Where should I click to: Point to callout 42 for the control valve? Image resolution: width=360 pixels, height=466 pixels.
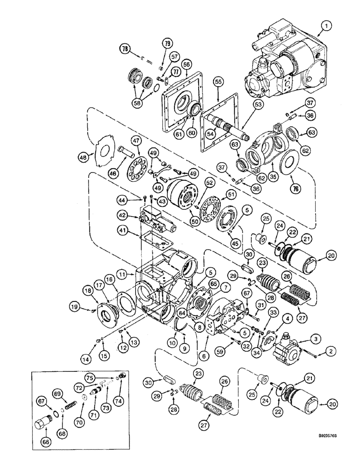coord(122,216)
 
